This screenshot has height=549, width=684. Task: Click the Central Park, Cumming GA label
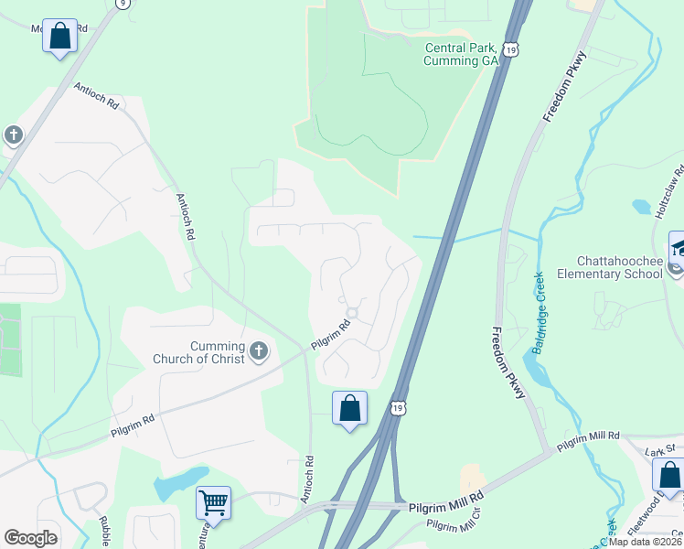click(460, 54)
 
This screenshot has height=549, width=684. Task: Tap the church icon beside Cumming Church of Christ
click(260, 350)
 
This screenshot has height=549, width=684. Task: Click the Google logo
click(30, 538)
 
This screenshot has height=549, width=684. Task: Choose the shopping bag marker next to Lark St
click(669, 476)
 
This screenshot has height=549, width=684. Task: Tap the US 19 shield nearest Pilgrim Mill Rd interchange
click(396, 405)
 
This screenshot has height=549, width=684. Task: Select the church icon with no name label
click(13, 136)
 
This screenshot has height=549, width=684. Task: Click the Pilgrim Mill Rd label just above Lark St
click(589, 436)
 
